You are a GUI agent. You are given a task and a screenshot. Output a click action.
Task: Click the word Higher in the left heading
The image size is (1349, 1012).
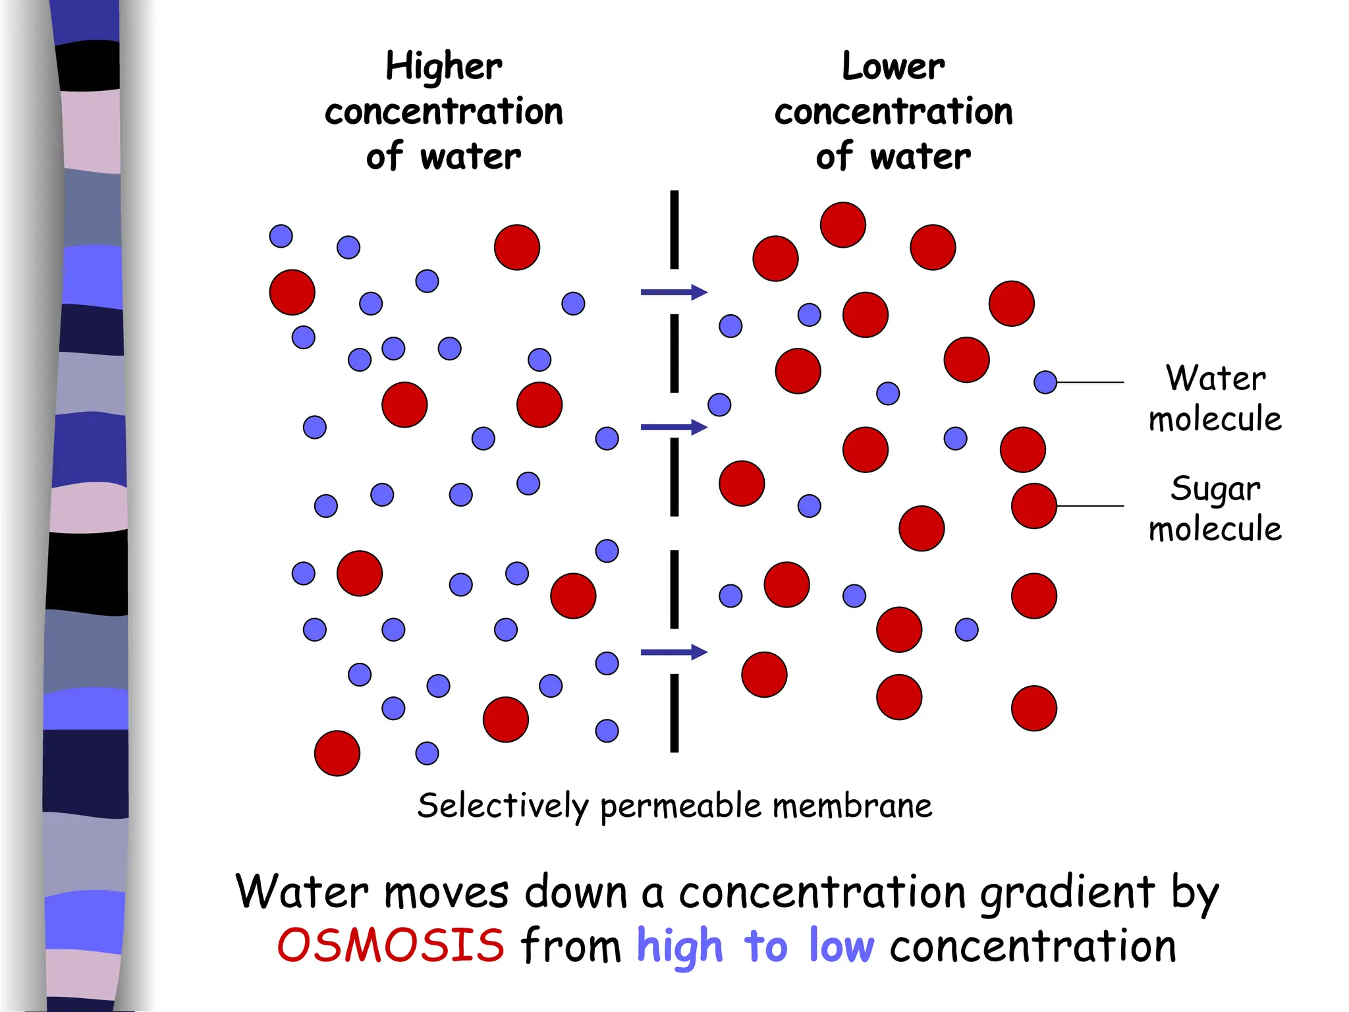point(443,68)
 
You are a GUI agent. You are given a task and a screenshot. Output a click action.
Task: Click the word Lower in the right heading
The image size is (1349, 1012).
point(893,67)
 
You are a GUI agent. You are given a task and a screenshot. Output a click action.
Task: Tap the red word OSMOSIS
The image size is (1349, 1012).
point(391,945)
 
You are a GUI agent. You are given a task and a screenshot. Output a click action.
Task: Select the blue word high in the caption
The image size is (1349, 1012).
point(679,946)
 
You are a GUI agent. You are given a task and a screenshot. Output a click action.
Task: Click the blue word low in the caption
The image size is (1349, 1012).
point(841,945)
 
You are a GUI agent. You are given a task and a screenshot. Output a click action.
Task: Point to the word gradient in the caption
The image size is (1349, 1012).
point(1067,893)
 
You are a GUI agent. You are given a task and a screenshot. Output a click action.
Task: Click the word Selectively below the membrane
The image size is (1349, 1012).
point(503,806)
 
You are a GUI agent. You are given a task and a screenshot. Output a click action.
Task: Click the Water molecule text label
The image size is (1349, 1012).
point(1215,399)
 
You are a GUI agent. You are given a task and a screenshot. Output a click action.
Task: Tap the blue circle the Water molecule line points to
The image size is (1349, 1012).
point(1045,382)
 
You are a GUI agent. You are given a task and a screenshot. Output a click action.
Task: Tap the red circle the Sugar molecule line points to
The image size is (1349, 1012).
point(1034,506)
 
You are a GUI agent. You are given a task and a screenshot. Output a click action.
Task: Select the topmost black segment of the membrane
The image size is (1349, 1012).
point(674,229)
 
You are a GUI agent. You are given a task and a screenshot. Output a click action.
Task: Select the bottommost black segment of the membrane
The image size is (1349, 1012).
point(674,713)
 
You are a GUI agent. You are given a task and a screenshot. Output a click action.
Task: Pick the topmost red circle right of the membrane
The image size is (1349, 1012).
point(842,225)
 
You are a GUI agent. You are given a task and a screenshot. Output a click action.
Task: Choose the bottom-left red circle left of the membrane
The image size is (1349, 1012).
point(337,753)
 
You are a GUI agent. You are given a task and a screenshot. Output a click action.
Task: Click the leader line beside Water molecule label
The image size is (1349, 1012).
point(1090,382)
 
